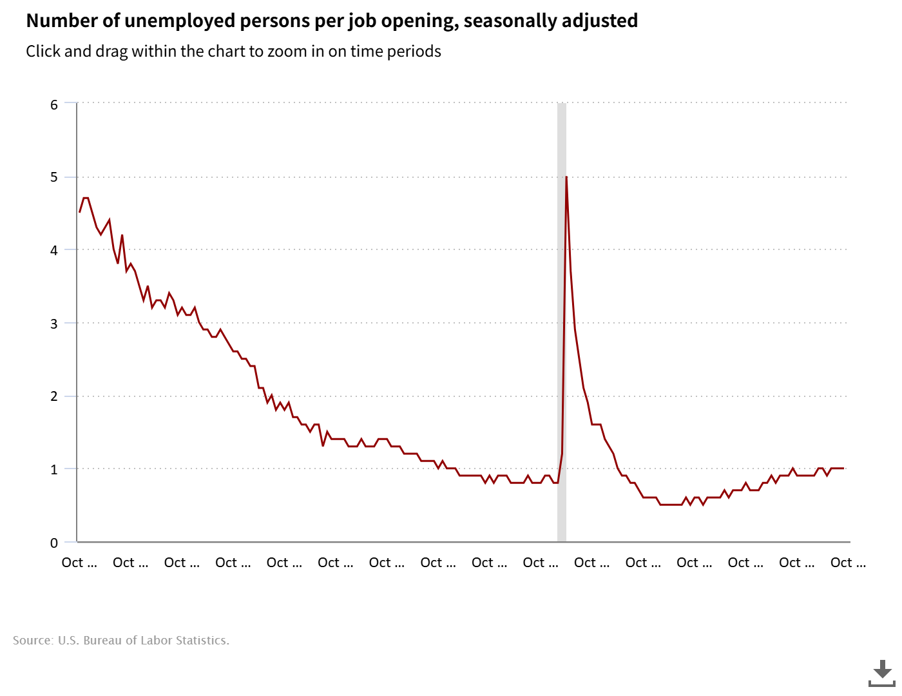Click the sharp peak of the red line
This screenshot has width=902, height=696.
point(566,177)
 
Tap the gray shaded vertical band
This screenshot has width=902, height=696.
point(561,322)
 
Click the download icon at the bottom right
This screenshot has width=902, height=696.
point(881,673)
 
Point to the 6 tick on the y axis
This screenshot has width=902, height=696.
point(54,104)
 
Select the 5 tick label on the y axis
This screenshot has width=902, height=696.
point(54,177)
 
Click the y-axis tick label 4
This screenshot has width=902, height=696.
point(54,250)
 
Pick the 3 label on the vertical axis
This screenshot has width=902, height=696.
point(54,324)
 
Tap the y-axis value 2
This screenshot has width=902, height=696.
point(54,396)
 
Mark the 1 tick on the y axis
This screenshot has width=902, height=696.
point(54,469)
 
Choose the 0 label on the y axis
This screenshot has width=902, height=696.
point(54,543)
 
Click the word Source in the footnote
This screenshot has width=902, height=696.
point(32,640)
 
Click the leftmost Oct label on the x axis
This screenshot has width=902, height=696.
point(79,563)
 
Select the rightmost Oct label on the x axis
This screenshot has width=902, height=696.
point(847,563)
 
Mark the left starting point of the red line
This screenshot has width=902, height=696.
point(80,211)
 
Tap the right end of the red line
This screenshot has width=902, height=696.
point(843,469)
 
